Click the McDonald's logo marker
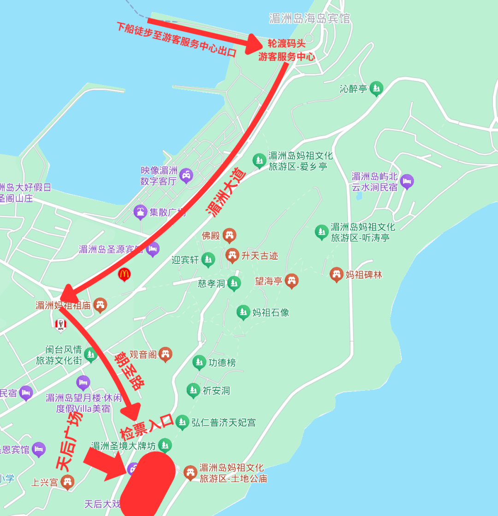[124, 274]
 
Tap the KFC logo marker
[60, 325]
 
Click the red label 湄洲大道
[226, 194]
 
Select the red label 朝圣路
[130, 370]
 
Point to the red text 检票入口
[147, 428]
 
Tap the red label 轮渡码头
[286, 44]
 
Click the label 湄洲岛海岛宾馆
[310, 18]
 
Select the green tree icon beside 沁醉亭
[377, 88]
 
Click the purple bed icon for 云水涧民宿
[407, 181]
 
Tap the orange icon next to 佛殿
[229, 235]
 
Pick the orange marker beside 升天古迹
[232, 255]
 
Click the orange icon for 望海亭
[291, 280]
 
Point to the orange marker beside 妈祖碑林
[337, 275]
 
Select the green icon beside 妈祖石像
[243, 312]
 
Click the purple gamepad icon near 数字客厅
[186, 175]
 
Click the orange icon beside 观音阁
[165, 354]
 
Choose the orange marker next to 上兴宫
[67, 482]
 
